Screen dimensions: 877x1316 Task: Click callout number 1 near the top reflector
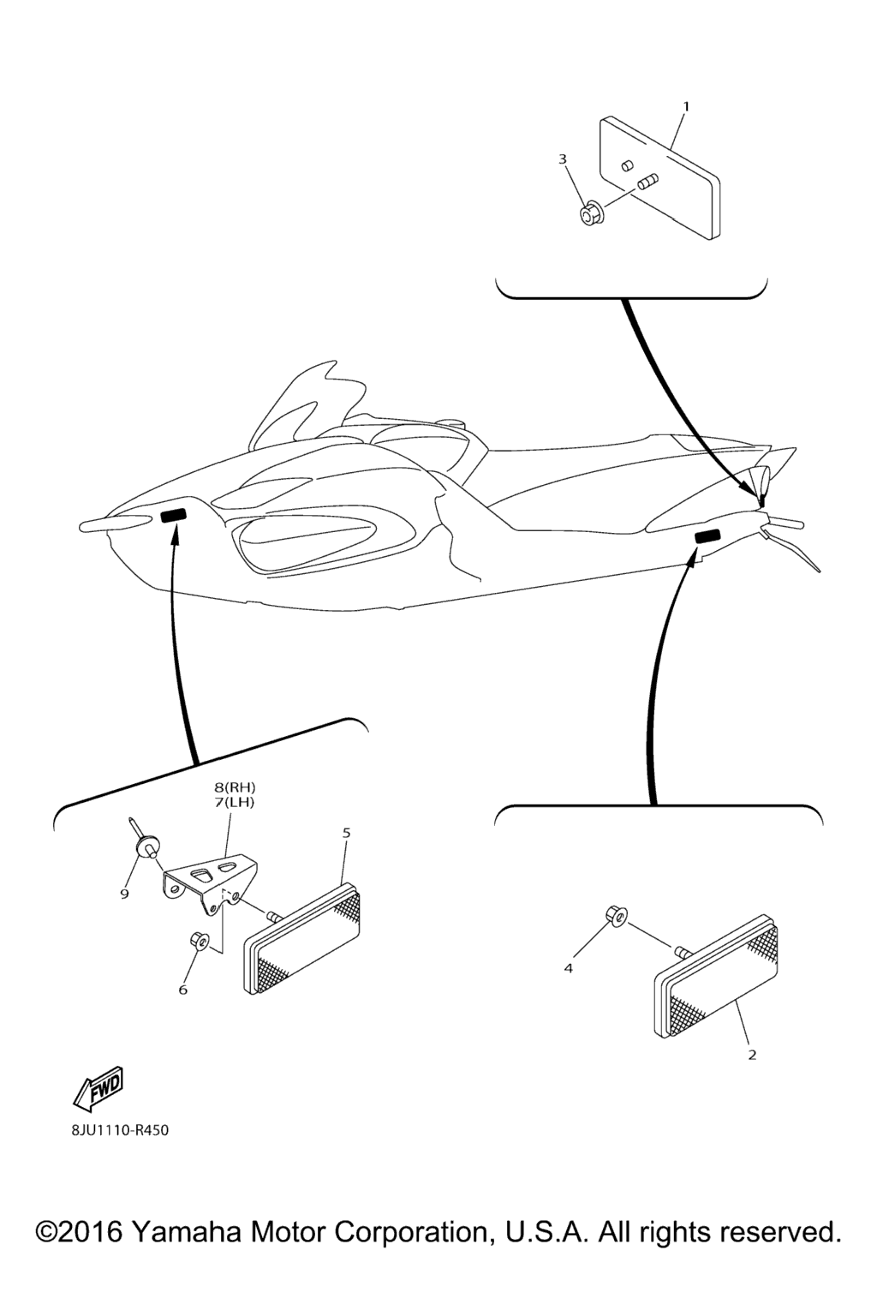tap(685, 107)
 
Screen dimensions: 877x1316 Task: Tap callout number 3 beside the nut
tap(563, 159)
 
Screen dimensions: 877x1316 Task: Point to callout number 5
tap(347, 833)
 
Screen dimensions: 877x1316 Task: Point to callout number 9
tap(124, 894)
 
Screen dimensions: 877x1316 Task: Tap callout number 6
tap(183, 990)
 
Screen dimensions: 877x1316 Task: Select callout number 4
tap(568, 968)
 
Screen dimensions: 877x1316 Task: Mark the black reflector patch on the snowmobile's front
tap(174, 515)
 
